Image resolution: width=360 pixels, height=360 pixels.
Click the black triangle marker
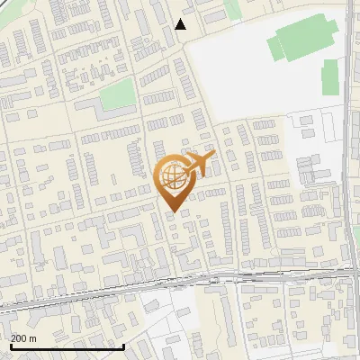coord(181,24)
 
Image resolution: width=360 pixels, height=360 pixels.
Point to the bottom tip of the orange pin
coord(172,212)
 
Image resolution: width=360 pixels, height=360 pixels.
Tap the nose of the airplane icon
coord(212,157)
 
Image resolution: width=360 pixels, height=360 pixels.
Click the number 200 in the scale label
coord(19,338)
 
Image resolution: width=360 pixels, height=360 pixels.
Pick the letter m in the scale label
coord(33,338)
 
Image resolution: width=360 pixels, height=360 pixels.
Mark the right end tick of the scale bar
coord(123,346)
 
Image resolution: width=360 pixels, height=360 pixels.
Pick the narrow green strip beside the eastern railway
coord(330,76)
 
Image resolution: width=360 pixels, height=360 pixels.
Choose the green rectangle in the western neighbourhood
coord(118,94)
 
